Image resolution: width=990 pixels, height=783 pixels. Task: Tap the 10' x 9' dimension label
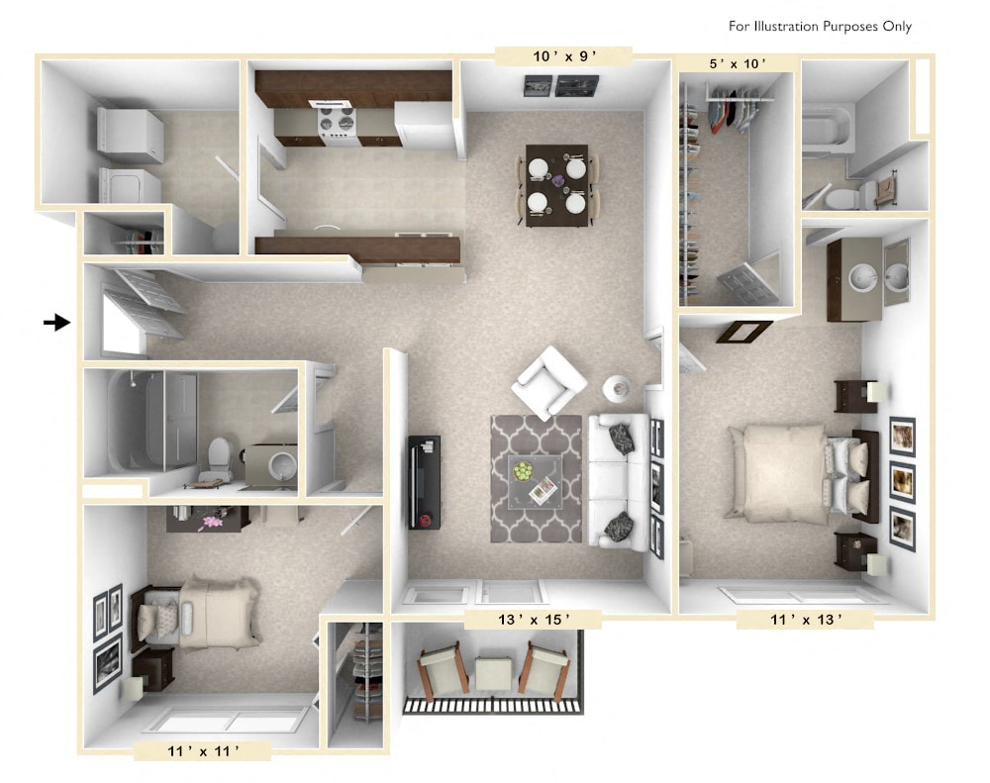coord(565,56)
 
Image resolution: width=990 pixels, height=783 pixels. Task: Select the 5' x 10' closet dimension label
coord(738,64)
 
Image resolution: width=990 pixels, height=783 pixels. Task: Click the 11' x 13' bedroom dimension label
coord(805,621)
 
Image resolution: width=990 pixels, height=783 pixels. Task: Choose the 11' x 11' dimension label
coord(201,751)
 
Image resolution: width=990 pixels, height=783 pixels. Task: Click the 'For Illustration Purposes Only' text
coord(820,27)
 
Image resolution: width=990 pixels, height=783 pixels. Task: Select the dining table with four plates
coord(556,185)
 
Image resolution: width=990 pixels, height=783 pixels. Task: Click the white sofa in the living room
coord(619,480)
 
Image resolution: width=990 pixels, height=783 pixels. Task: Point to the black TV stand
coord(425,481)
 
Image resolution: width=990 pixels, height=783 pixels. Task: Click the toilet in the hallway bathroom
coord(219,458)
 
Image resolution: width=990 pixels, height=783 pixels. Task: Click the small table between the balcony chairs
coord(492,673)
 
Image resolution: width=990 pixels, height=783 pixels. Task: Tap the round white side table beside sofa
coord(616,387)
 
